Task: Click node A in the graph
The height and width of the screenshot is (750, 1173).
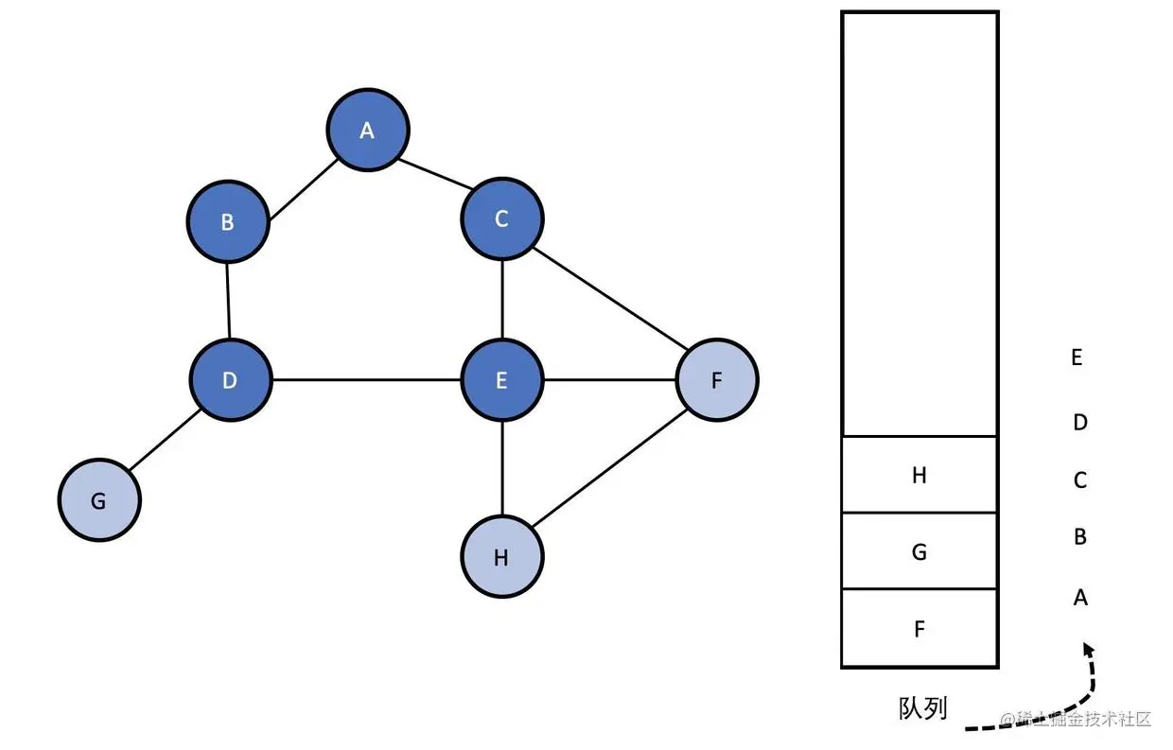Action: [368, 131]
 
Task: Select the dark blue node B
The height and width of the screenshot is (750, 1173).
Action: [228, 221]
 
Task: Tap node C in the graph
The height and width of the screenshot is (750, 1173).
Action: [501, 218]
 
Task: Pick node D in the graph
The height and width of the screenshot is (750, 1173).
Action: [230, 380]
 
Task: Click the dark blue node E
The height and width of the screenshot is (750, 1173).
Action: [501, 380]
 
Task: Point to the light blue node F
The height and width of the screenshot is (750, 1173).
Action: [717, 380]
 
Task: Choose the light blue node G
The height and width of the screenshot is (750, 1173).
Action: [98, 500]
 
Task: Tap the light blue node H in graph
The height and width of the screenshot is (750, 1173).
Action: [501, 557]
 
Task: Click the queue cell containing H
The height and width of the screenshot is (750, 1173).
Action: [919, 475]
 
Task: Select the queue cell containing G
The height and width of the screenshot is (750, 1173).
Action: [919, 551]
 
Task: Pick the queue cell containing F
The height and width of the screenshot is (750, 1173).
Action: [919, 628]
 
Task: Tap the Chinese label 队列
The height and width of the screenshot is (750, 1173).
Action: [922, 708]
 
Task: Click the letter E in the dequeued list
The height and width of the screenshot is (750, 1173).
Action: [1077, 358]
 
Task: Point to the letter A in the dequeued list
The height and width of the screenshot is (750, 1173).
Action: [1080, 598]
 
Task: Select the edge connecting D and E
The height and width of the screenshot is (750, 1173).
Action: [366, 380]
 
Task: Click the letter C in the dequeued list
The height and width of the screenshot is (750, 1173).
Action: [1080, 480]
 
